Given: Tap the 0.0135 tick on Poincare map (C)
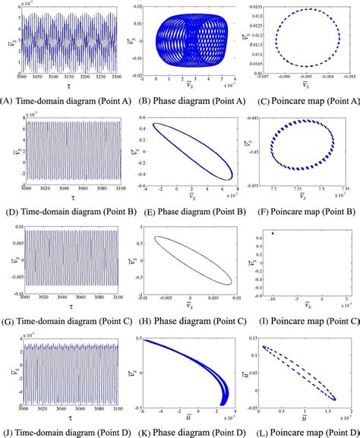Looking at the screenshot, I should (257, 7).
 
